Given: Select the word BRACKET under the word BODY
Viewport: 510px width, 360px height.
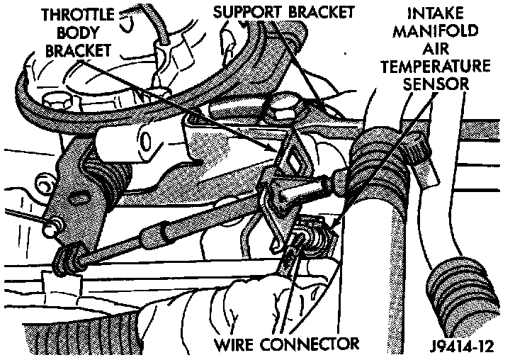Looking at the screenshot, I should (x=77, y=52).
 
